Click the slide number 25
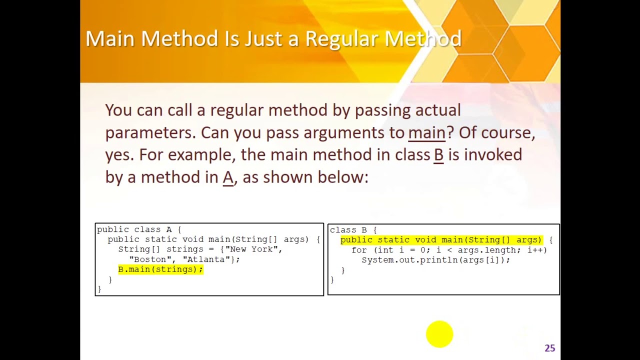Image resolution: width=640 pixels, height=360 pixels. click(549, 348)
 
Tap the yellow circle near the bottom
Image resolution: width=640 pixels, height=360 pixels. click(439, 334)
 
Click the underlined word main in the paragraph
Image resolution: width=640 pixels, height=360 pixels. click(426, 132)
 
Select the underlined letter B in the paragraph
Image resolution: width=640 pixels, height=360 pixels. click(438, 154)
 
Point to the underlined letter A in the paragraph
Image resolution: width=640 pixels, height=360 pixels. click(228, 177)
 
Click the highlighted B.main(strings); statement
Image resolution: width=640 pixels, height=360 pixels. click(160, 269)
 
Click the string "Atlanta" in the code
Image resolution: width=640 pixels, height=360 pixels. click(206, 259)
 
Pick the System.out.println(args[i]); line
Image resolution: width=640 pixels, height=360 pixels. click(435, 260)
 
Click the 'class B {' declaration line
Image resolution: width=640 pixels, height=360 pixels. click(353, 230)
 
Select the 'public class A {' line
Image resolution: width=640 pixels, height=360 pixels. click(139, 229)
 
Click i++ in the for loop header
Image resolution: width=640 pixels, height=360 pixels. click(536, 250)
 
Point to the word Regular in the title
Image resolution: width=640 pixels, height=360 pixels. click(342, 39)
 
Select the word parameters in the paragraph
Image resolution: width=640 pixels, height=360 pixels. click(150, 132)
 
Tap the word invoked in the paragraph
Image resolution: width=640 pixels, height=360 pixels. click(493, 154)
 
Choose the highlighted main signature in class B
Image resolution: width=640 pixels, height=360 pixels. click(441, 240)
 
